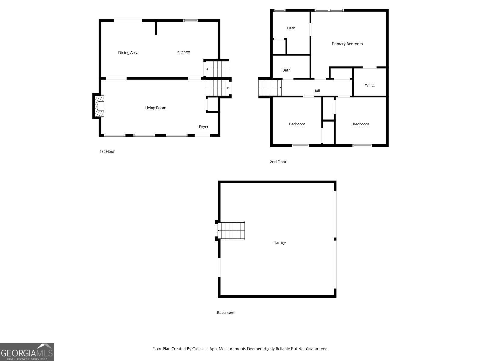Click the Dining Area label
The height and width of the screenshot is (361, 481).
coord(128,53)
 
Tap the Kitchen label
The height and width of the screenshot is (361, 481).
coord(183,52)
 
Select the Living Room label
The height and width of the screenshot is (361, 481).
coord(155,108)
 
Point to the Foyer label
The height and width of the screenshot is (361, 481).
coord(204,127)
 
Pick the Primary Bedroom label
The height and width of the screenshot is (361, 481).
coord(347,44)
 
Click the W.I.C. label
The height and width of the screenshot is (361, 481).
coord(369,85)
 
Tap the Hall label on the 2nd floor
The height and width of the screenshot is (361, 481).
coord(316,91)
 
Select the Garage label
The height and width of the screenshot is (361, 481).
coord(279,243)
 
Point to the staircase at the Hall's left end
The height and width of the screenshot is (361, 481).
coord(270,88)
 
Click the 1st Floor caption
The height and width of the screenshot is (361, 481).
coord(107,151)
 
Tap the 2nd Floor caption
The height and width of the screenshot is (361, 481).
coord(278,162)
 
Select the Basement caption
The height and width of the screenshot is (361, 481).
coord(225,313)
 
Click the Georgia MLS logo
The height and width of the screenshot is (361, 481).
coord(27,352)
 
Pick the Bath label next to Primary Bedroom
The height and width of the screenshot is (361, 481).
coord(291,28)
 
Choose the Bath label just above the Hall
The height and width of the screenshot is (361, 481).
coord(286,70)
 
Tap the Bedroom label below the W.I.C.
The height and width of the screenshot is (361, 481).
coord(360,124)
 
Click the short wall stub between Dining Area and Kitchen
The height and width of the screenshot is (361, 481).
coord(156,28)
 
